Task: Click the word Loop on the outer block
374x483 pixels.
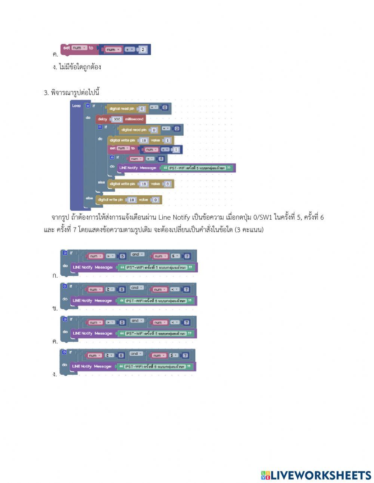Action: click(76, 106)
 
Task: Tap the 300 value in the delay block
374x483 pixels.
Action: click(117, 119)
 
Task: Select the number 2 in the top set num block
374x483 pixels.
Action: click(143, 49)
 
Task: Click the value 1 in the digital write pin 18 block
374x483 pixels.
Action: click(167, 140)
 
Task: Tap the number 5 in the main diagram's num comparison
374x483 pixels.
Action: click(161, 159)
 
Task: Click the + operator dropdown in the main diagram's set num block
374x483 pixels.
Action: click(165, 149)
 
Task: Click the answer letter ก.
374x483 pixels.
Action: click(55, 276)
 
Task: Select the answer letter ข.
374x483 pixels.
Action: click(55, 309)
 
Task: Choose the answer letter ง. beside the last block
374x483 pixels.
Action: click(55, 375)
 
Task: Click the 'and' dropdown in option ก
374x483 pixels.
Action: click(137, 255)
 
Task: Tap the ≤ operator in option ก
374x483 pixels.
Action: click(176, 256)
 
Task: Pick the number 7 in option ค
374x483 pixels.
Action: click(187, 322)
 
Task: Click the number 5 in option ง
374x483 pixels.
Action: click(121, 355)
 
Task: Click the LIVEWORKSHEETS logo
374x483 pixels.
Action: click(316, 475)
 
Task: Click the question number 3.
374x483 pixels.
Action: click(46, 93)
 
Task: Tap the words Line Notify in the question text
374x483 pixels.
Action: click(174, 217)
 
